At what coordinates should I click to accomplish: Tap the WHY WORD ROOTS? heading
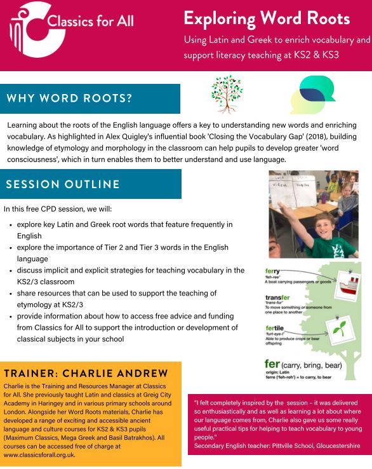(x=70, y=99)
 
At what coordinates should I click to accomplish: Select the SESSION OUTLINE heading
(x=63, y=184)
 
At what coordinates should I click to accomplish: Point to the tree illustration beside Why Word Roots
(x=227, y=93)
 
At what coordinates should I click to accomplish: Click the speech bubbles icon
(x=312, y=94)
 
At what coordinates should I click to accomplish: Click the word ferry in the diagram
(x=273, y=271)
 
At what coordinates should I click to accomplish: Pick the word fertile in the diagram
(x=276, y=327)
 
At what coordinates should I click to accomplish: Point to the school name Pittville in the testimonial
(x=288, y=446)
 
